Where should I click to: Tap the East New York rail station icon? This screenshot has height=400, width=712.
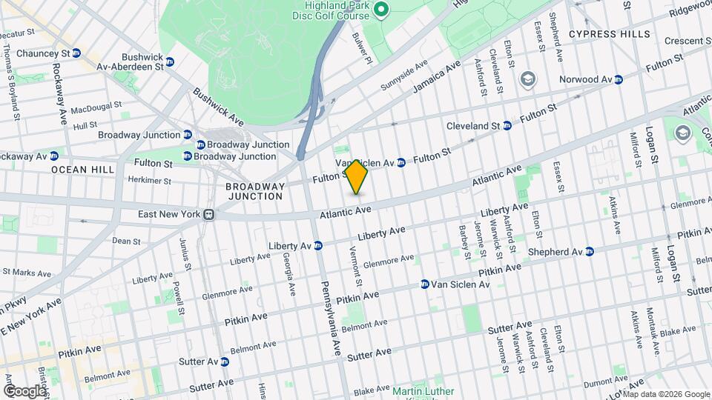(x=210, y=214)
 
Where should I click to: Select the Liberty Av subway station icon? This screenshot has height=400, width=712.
(x=318, y=245)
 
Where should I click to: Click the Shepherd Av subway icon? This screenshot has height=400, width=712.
(x=589, y=251)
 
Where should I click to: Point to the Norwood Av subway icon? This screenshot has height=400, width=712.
(x=618, y=79)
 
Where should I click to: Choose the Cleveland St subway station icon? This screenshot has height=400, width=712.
(x=507, y=126)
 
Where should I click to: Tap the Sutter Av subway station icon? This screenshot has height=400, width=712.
(x=225, y=362)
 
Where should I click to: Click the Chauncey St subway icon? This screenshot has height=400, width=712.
(x=76, y=53)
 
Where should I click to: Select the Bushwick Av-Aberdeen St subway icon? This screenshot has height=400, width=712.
(x=170, y=61)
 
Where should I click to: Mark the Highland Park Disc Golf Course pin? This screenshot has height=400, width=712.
(x=381, y=10)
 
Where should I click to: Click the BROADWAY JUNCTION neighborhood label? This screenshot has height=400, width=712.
(x=255, y=191)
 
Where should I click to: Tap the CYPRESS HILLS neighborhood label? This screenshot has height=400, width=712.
(x=609, y=34)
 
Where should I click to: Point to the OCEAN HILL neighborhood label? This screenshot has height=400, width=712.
(x=83, y=170)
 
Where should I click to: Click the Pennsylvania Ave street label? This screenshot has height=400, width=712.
(x=329, y=314)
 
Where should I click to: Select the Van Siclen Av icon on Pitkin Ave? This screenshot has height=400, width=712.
(x=425, y=284)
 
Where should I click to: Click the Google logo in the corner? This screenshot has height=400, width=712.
(x=25, y=390)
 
